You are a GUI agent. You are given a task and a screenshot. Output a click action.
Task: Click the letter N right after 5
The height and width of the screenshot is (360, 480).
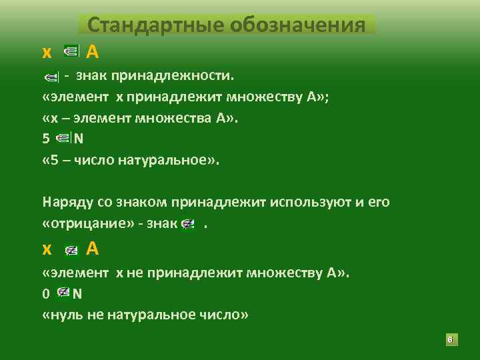(x=79, y=139)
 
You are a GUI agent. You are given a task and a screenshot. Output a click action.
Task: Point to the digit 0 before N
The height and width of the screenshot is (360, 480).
(x=45, y=293)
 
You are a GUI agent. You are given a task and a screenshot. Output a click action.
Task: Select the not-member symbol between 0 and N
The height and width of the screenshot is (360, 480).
(x=64, y=293)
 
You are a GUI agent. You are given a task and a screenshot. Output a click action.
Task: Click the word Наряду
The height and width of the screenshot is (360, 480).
(x=65, y=201)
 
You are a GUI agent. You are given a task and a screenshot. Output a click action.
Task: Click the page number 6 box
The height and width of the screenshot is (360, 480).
(x=450, y=341)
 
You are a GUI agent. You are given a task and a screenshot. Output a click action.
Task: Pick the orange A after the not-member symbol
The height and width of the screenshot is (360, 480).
(x=93, y=249)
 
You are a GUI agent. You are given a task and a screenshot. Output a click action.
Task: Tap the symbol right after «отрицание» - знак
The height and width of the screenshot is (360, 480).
(x=188, y=224)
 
